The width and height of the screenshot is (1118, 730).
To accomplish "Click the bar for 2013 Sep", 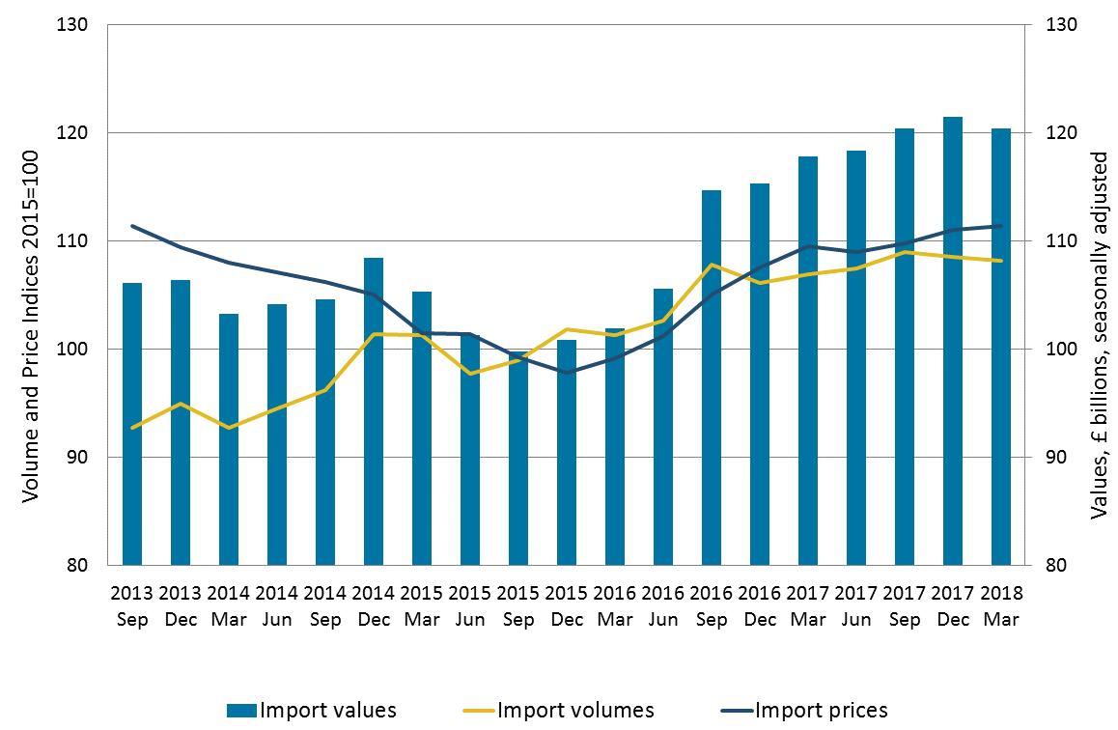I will (x=132, y=424).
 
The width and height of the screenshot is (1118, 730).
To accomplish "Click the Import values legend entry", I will (x=312, y=711).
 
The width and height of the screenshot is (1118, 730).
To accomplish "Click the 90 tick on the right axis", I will (x=1048, y=457).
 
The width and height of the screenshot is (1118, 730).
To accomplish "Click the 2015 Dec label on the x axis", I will (x=567, y=603).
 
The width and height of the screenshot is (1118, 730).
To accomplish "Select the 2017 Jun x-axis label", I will (x=856, y=603).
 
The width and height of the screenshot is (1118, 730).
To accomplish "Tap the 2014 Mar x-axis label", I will (x=229, y=603).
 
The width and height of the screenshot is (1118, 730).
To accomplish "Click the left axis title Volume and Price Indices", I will (x=30, y=324).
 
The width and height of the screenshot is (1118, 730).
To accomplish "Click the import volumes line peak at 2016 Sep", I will (x=712, y=265).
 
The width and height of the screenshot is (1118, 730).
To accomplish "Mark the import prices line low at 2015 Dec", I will (x=567, y=372).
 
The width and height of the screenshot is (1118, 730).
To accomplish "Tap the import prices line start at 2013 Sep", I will (x=132, y=226).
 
